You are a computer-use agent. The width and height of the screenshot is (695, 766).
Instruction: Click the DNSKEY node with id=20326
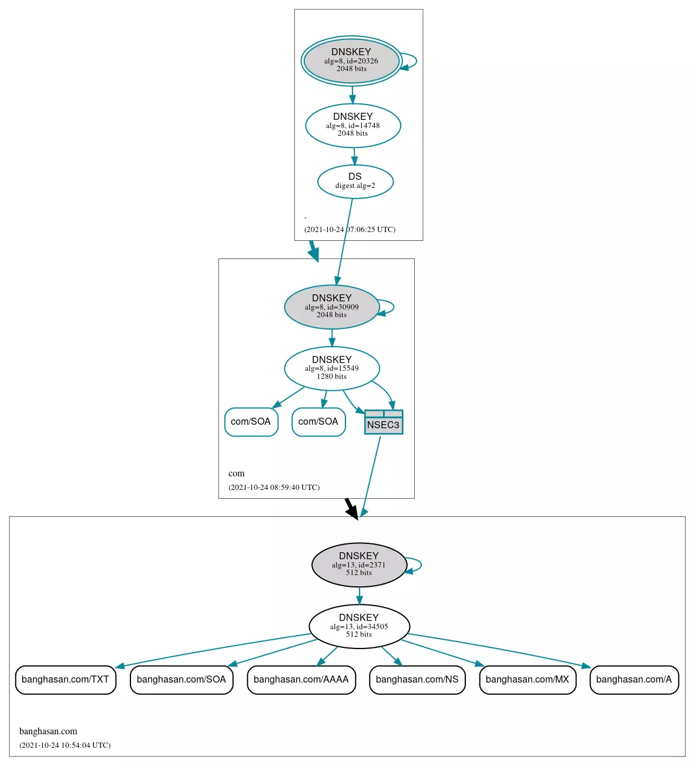pyautogui.click(x=351, y=61)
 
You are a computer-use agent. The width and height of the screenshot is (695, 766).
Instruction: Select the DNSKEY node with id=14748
pyautogui.click(x=352, y=125)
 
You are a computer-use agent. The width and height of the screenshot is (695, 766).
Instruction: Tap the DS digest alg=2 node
pyautogui.click(x=355, y=182)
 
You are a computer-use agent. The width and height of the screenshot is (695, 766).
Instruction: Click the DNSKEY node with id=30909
pyautogui.click(x=332, y=307)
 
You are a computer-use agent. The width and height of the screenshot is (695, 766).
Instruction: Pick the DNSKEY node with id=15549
pyautogui.click(x=332, y=368)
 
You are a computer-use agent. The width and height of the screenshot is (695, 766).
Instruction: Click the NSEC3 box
pyautogui.click(x=384, y=422)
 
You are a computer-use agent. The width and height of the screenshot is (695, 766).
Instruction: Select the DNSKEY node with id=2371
pyautogui.click(x=359, y=565)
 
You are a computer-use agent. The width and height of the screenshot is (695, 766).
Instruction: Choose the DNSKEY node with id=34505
pyautogui.click(x=359, y=626)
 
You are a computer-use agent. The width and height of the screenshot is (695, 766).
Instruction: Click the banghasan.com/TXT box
pyautogui.click(x=65, y=680)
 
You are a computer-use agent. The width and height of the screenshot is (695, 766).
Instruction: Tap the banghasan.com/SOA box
pyautogui.click(x=182, y=680)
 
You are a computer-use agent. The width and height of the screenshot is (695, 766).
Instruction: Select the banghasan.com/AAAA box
pyautogui.click(x=301, y=680)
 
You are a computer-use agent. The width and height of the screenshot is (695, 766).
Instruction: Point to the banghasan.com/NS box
pyautogui.click(x=417, y=680)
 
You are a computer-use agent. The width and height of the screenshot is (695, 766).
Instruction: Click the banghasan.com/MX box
pyautogui.click(x=528, y=680)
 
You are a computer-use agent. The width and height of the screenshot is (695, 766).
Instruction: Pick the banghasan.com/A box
pyautogui.click(x=634, y=680)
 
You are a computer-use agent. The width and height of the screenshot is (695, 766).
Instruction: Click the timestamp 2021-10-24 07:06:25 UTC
pyautogui.click(x=350, y=229)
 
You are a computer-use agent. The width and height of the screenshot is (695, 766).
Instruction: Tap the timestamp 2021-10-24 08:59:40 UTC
pyautogui.click(x=274, y=487)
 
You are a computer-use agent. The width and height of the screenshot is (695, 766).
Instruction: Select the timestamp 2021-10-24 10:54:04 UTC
pyautogui.click(x=65, y=745)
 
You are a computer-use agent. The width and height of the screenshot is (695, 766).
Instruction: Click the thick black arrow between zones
pyautogui.click(x=351, y=509)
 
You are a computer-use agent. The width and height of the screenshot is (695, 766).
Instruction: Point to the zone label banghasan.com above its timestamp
pyautogui.click(x=48, y=731)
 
